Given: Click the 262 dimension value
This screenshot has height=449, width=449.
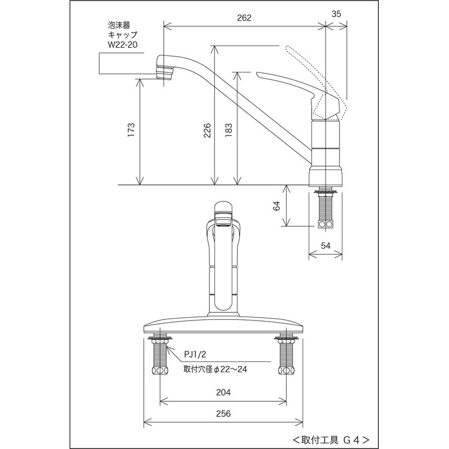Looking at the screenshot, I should coord(244,17).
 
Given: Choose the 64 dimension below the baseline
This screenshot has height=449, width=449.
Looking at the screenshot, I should coord(276,206).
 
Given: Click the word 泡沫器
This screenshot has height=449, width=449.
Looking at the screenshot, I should coord(118,25).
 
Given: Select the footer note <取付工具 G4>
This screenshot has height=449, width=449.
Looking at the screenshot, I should coord(331,438).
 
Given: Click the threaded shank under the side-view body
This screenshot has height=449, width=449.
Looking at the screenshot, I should coord(325,210).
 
